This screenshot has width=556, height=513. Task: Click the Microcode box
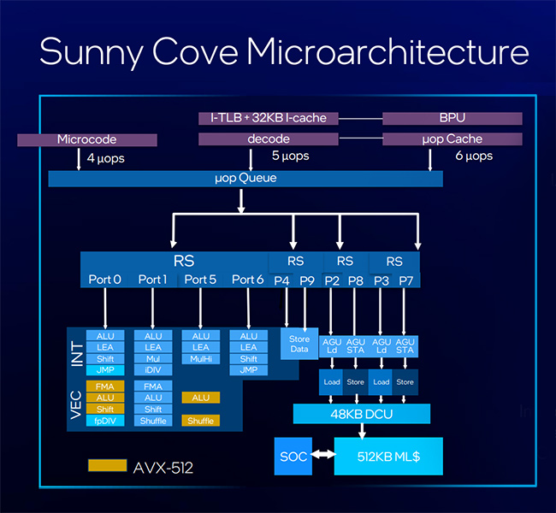tap(87, 139)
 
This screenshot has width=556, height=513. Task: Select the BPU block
tap(452, 118)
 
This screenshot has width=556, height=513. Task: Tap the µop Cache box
tap(452, 139)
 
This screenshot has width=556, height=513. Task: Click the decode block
tap(269, 139)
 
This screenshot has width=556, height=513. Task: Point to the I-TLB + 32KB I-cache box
tap(269, 118)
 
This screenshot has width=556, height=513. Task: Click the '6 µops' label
tap(474, 156)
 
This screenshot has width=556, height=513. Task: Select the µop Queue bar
tap(245, 179)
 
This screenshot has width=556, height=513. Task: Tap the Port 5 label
tap(200, 280)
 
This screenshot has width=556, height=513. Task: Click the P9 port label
tap(307, 280)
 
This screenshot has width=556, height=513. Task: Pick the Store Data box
tap(299, 344)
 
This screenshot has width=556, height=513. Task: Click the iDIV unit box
tap(153, 370)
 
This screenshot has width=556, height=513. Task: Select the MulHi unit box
tap(201, 359)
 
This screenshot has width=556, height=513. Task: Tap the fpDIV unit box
tap(105, 421)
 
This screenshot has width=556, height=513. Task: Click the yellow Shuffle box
tap(201, 421)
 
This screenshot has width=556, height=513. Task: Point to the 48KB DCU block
tap(362, 414)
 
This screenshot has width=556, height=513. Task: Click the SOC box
tap(293, 457)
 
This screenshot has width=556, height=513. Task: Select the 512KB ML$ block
tap(388, 457)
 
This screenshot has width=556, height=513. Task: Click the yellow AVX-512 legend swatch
tap(108, 465)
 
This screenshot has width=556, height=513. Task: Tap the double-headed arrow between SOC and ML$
tap(323, 454)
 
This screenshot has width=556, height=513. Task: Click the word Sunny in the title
tap(92, 52)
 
